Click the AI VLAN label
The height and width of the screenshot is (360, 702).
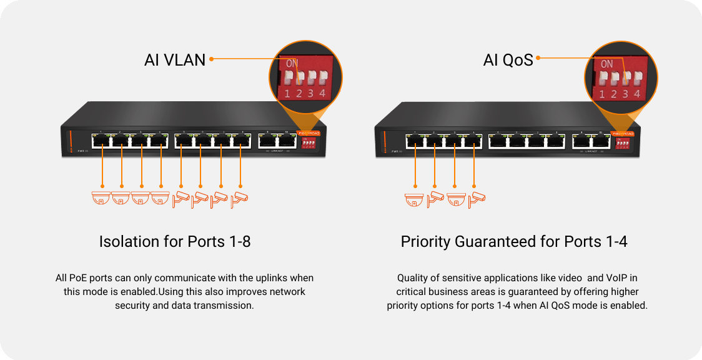tap(175, 59)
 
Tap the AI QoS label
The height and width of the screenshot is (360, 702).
tap(508, 59)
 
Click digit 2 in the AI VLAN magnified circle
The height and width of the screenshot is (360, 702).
tap(299, 94)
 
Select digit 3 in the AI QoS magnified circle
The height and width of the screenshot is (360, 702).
tap(625, 94)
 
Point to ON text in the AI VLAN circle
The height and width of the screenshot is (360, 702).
tap(291, 64)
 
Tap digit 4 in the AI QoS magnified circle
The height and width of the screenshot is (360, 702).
tap(636, 94)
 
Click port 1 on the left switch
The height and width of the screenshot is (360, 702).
tap(101, 141)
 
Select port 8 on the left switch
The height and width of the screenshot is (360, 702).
tap(240, 141)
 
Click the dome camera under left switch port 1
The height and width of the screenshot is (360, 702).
tap(101, 198)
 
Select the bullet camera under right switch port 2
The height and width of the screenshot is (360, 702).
tap(435, 199)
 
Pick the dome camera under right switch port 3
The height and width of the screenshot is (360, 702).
tap(455, 199)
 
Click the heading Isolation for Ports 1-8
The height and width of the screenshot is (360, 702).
tap(175, 242)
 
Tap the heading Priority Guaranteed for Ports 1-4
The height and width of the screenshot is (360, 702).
tap(513, 242)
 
